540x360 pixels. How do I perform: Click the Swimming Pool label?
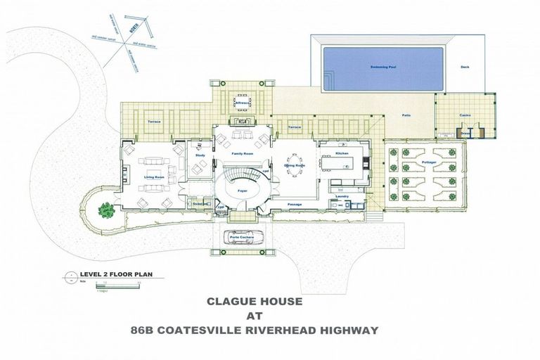pyautogui.click(x=383, y=67)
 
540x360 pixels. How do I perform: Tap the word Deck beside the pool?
pyautogui.click(x=464, y=67)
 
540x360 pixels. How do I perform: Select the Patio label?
pyautogui.click(x=406, y=115)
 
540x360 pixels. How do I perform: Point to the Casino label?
pyautogui.click(x=465, y=115)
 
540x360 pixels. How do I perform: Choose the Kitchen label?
pyautogui.click(x=342, y=153)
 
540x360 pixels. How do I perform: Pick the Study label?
pyautogui.click(x=200, y=155)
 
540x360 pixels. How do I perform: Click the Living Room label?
pyautogui.click(x=155, y=178)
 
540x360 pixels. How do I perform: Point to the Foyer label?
pyautogui.click(x=242, y=190)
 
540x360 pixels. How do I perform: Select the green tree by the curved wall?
pyautogui.click(x=105, y=209)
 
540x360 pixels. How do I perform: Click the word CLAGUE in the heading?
pyautogui.click(x=232, y=302)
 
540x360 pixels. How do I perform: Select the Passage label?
pyautogui.click(x=295, y=204)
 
